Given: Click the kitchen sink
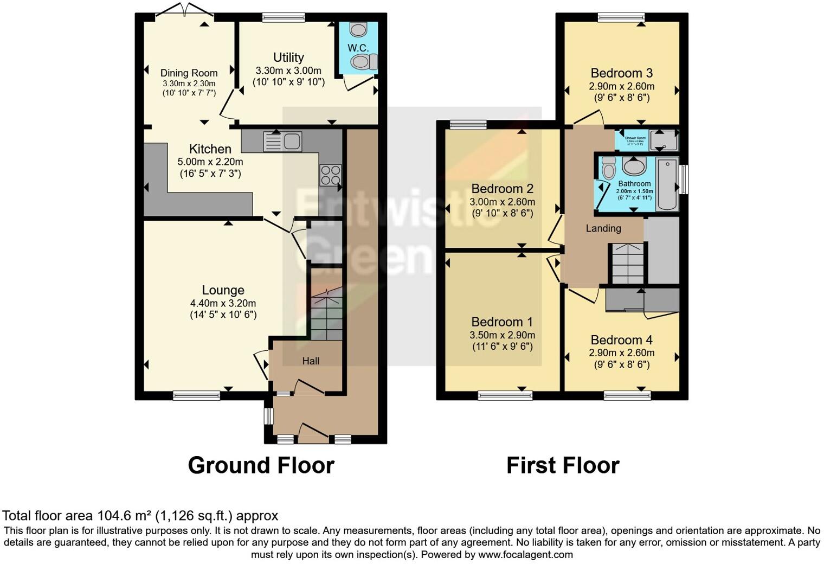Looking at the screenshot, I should [282, 142].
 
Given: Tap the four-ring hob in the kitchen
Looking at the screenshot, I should [330, 175].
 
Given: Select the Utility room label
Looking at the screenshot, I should [288, 57].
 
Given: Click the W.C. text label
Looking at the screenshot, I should [358, 48].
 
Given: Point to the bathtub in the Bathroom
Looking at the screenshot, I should [667, 184].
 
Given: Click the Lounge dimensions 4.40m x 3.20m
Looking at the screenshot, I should [223, 303].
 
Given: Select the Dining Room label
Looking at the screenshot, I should [189, 73].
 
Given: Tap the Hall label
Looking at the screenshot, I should [311, 361].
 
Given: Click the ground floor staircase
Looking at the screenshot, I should [327, 315].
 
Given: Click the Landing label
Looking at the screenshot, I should [603, 228].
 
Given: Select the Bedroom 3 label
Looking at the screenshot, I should [621, 73].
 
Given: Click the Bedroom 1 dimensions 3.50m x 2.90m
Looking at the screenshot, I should [502, 335].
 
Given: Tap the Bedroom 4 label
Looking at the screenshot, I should [621, 340].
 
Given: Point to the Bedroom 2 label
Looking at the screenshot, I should [502, 189].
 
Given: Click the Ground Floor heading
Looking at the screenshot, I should [261, 465].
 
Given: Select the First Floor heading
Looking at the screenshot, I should [563, 465].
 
